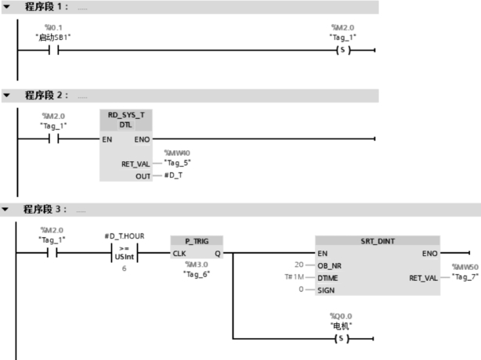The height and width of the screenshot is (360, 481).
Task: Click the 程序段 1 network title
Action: click(x=46, y=7)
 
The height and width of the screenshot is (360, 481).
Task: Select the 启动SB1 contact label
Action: click(x=54, y=37)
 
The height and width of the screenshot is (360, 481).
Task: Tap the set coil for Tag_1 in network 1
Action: click(x=342, y=51)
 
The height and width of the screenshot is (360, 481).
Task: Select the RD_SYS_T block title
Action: click(x=125, y=114)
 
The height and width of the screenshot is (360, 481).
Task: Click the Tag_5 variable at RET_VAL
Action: click(x=178, y=163)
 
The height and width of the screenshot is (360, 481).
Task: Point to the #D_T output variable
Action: click(x=172, y=175)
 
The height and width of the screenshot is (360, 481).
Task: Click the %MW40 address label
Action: click(x=176, y=153)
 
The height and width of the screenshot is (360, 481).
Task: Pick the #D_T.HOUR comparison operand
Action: click(x=124, y=236)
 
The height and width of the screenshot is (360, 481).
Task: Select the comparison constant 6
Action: click(x=124, y=268)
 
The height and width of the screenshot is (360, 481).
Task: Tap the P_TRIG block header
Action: click(x=196, y=241)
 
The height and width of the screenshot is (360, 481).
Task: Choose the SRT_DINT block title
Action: click(x=378, y=241)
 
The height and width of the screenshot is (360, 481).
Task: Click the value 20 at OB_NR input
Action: click(x=298, y=265)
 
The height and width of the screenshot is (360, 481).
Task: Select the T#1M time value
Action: click(x=295, y=277)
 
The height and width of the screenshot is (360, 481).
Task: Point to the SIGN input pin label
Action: click(x=327, y=290)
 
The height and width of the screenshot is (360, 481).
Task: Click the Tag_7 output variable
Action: click(x=464, y=277)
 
